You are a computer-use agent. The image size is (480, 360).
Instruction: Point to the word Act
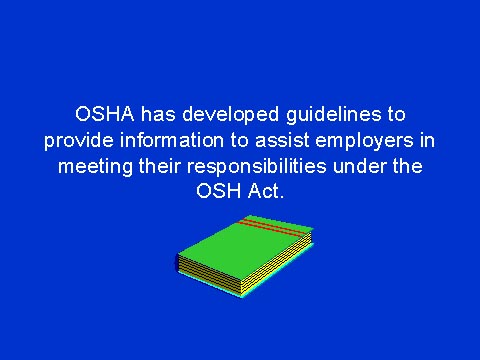pyautogui.click(x=269, y=191)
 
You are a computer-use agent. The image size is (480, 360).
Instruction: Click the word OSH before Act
pyautogui.click(x=218, y=191)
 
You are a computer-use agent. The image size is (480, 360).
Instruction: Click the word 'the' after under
pyautogui.click(x=407, y=165)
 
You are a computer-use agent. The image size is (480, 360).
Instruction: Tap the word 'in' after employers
pyautogui.click(x=428, y=139)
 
